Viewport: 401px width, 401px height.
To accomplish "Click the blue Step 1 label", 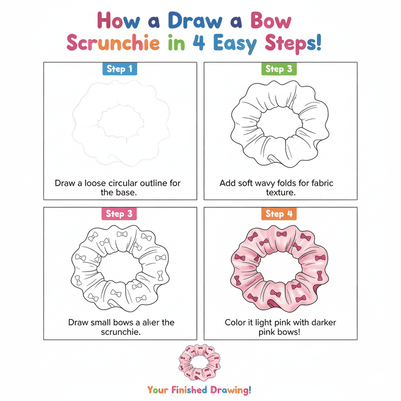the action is [x=120, y=69].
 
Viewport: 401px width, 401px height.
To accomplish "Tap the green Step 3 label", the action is [x=279, y=69].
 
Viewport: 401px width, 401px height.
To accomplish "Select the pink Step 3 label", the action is [x=119, y=214].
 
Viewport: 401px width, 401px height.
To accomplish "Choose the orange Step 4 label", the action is [x=279, y=214].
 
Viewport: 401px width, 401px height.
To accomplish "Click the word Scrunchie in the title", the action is [x=113, y=43].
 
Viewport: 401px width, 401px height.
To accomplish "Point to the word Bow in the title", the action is [x=270, y=20].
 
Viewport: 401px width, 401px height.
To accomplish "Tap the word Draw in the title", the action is [x=195, y=20].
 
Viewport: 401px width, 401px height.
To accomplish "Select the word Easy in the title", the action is [x=235, y=44].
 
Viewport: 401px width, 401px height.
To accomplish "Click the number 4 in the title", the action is [x=199, y=42].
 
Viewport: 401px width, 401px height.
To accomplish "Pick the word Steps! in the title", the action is [x=293, y=44].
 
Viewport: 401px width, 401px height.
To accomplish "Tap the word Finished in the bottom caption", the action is [x=189, y=390].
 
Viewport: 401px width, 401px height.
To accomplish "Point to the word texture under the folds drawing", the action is [x=280, y=192].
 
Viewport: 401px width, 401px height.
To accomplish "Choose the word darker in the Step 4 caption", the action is [x=324, y=323].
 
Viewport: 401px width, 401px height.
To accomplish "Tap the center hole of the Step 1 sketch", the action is [x=121, y=122].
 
